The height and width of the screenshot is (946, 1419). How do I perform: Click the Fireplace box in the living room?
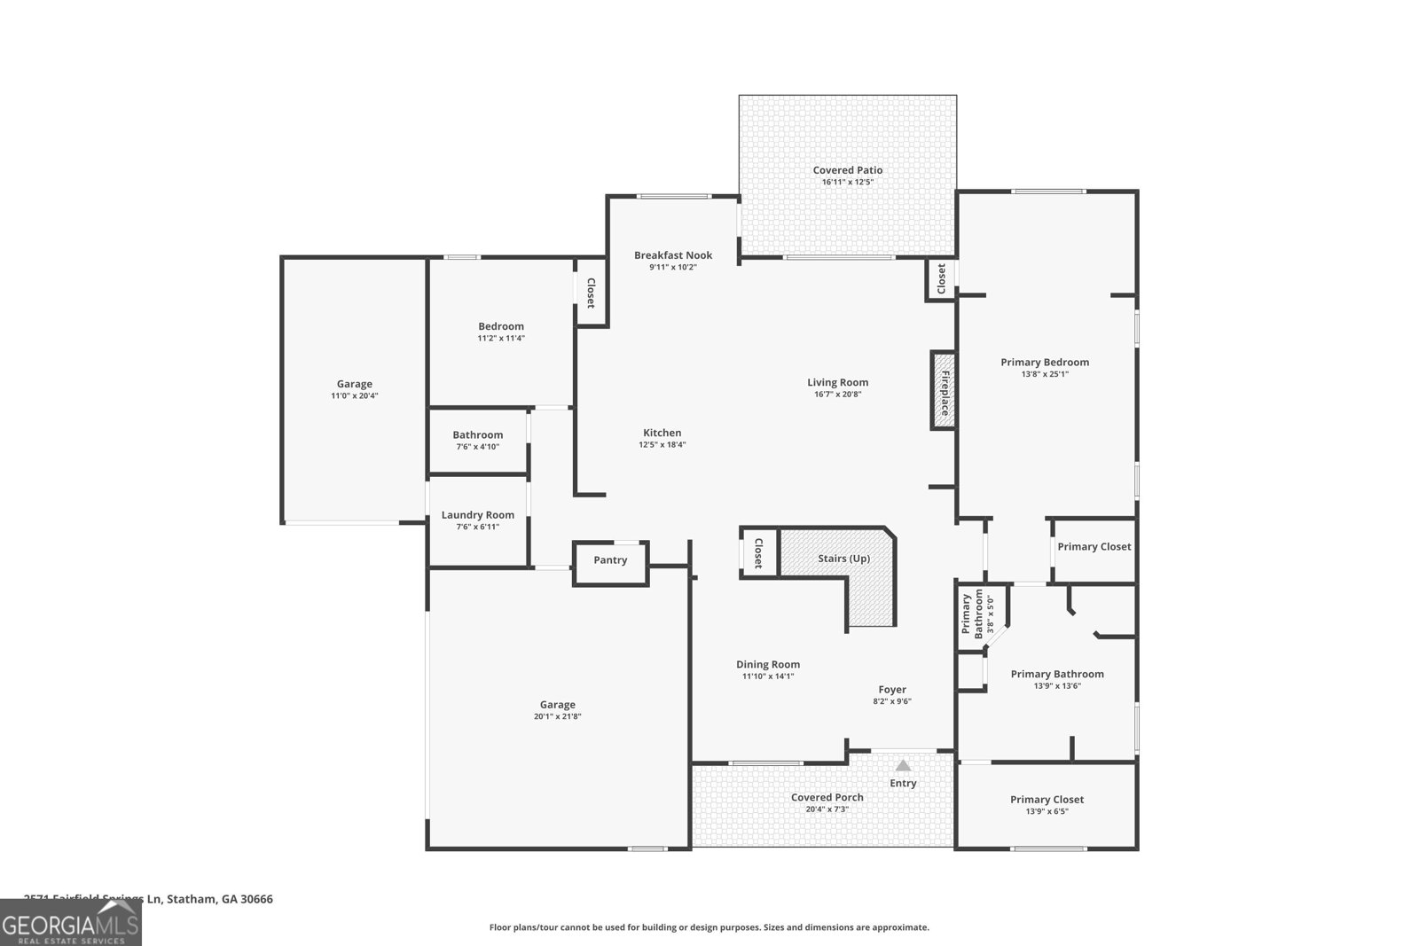943,391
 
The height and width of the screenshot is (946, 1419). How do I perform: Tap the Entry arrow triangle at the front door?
903,765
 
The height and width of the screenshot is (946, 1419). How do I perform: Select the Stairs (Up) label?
843,559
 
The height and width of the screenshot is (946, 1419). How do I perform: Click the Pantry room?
610,560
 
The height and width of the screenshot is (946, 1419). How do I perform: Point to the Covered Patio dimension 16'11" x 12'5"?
847,183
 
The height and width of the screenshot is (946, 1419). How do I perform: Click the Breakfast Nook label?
672,255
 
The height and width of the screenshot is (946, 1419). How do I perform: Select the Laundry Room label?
477,515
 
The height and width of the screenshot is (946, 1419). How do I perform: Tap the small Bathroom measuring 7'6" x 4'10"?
477,441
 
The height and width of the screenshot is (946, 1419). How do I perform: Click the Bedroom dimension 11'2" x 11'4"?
501,339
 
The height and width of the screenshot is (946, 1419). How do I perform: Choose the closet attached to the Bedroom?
590,293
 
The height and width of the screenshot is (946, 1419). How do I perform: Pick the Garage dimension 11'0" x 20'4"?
354,396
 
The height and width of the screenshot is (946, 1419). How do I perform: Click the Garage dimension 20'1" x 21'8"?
557,717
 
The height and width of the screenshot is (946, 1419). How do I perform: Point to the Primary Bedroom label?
1045,362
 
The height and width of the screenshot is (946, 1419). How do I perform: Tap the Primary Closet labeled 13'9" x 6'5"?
1047,804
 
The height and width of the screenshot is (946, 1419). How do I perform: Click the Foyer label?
892,690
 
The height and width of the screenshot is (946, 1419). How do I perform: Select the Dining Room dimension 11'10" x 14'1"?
767,676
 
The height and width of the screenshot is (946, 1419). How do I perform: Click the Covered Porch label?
827,797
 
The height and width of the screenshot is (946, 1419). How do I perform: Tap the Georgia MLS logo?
70,923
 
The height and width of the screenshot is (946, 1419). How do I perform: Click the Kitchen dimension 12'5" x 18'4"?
662,445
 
